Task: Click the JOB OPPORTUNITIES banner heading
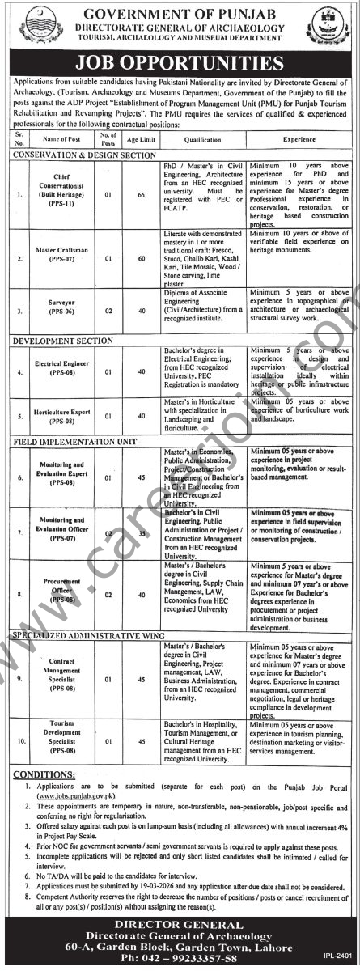(180, 62)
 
